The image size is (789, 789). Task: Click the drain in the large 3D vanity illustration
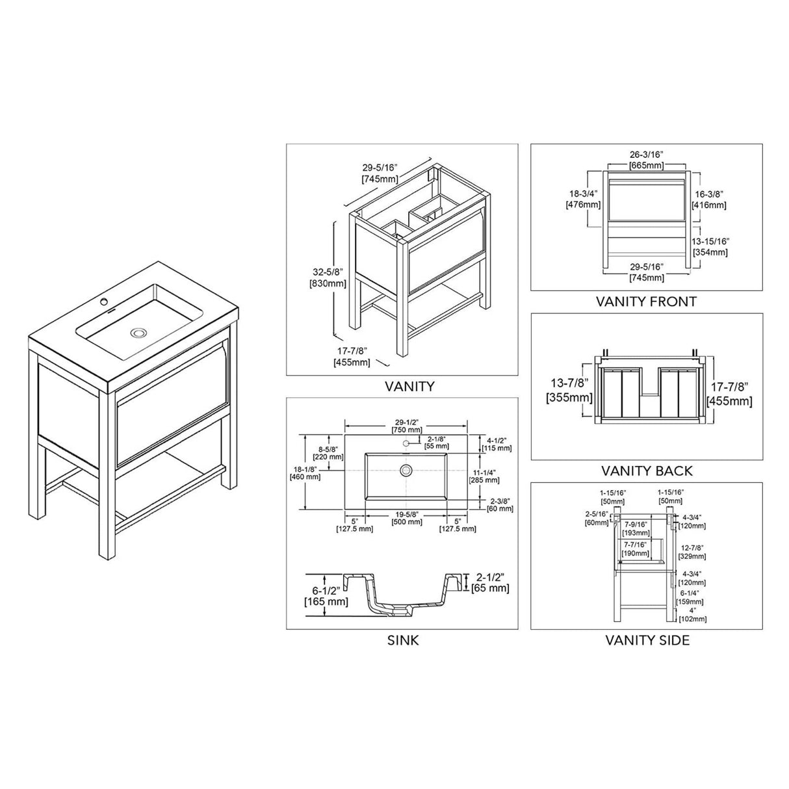coord(138,333)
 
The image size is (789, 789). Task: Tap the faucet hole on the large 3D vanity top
coord(103,303)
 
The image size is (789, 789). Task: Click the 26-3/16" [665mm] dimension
coord(646,160)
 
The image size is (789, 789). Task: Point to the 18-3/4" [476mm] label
coord(583,199)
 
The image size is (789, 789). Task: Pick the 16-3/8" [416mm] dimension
coord(709,199)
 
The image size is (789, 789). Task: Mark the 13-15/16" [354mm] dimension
coord(710,246)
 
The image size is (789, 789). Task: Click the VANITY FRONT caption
coord(646,302)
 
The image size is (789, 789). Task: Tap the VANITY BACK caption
coord(647,471)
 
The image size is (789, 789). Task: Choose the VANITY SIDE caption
coord(647,640)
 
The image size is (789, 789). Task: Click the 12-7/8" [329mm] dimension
coord(693,552)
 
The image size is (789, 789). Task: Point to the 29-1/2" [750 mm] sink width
coord(406,426)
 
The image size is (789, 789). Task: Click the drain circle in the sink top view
coord(407,469)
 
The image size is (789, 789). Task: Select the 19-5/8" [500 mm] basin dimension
coord(406,517)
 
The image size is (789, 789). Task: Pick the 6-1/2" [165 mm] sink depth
coord(326,595)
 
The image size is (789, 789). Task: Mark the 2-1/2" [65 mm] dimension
coord(493,582)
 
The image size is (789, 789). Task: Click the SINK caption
coord(403,640)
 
